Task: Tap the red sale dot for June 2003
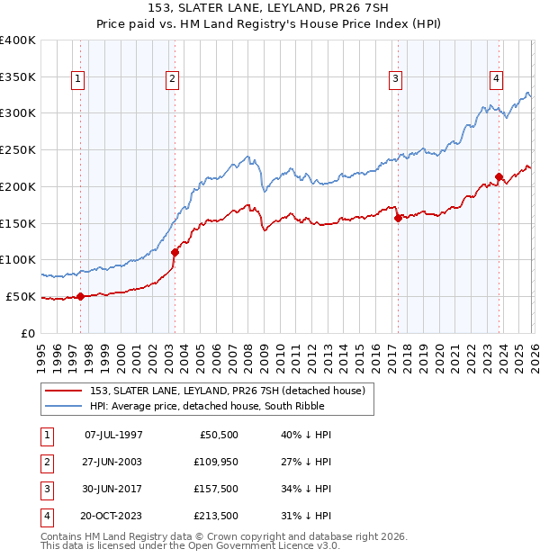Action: (175, 252)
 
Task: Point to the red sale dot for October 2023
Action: (499, 176)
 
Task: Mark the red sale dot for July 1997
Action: (81, 295)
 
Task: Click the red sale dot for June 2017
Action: (398, 217)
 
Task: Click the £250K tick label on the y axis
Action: (17, 149)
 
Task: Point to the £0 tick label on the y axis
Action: (26, 333)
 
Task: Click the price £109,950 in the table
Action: (214, 463)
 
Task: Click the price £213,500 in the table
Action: (214, 517)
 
